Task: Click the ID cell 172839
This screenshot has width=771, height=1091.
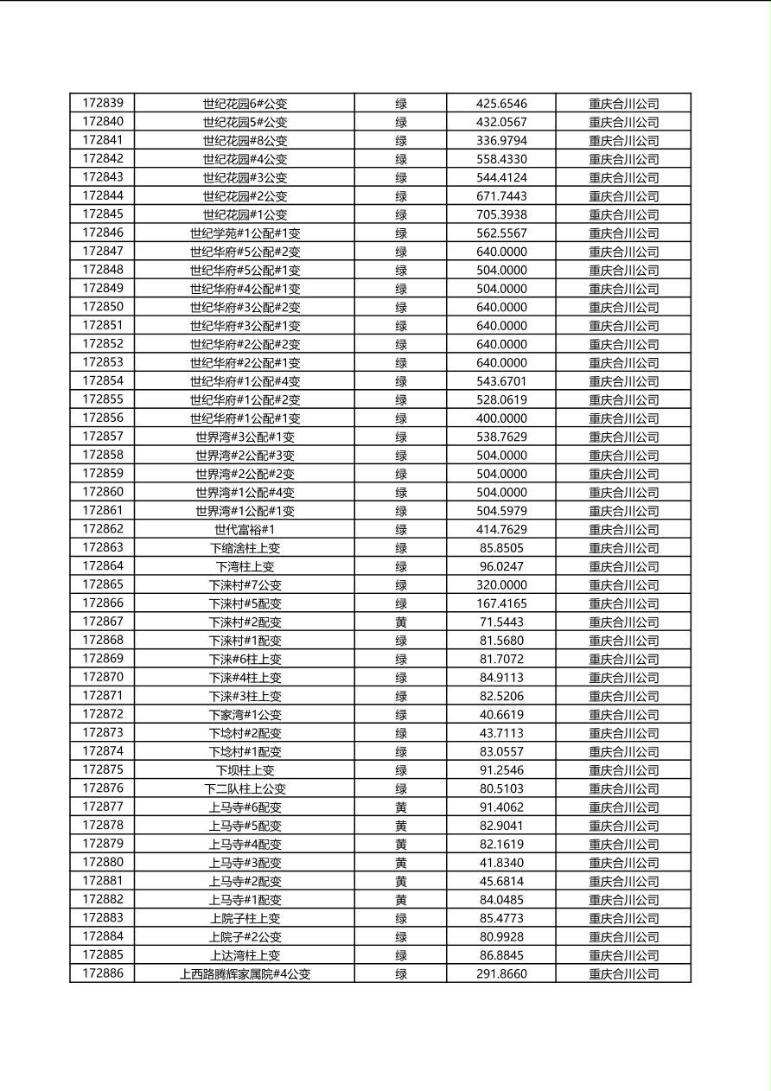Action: [103, 103]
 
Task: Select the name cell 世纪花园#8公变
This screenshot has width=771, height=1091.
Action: [245, 140]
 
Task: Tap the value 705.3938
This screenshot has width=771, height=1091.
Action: [501, 214]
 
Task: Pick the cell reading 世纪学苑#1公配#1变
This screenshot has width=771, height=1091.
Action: [245, 233]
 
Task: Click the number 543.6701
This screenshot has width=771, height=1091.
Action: [501, 381]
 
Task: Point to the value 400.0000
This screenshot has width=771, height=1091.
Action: [501, 418]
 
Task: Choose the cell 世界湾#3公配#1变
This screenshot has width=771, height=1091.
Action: [245, 437]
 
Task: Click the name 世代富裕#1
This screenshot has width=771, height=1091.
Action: [245, 529]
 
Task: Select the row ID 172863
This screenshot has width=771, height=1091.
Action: [103, 547]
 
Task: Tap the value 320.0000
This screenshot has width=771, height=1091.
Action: [501, 584]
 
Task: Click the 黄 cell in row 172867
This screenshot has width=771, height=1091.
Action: [401, 622]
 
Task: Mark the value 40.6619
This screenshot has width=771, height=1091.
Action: [501, 714]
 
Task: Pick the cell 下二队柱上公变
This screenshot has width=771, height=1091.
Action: [245, 788]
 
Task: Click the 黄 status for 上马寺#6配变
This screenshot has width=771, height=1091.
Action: [401, 807]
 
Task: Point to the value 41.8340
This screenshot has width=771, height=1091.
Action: [501, 862]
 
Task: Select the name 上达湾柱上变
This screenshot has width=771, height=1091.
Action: [245, 955]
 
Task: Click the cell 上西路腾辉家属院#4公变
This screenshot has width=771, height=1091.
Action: [245, 973]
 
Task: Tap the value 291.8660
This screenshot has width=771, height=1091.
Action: [501, 973]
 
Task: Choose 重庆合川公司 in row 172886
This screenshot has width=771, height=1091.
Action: [623, 973]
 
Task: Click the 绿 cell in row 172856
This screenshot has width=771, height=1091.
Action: [401, 418]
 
